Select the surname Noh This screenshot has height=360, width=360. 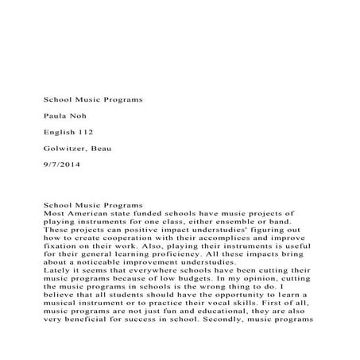click(79, 116)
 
